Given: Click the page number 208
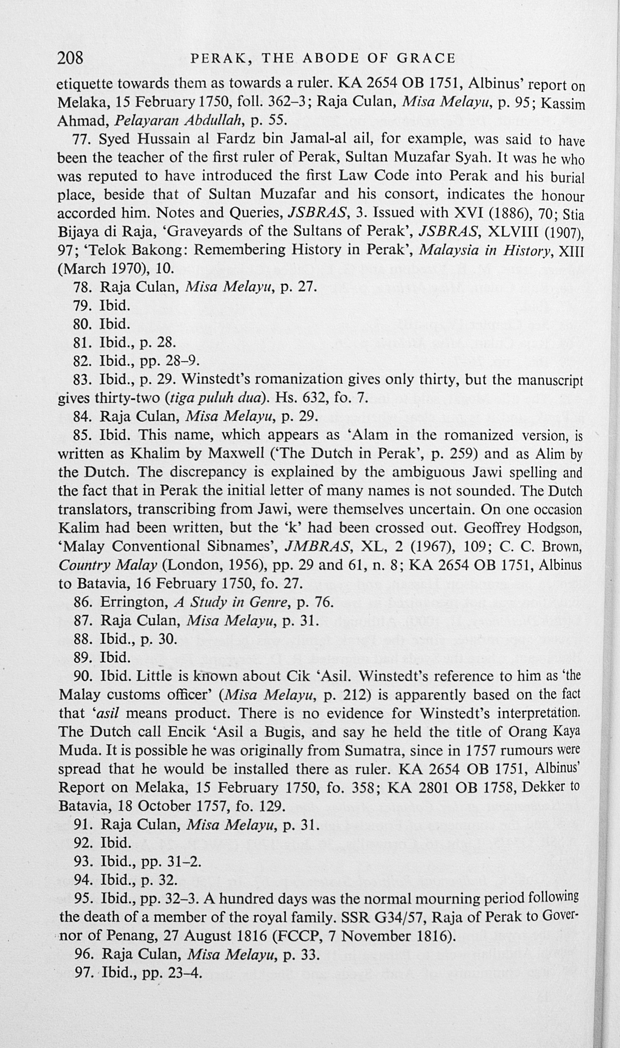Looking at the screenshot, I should pos(70,58).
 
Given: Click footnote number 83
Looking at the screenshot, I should pos(83,379).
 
